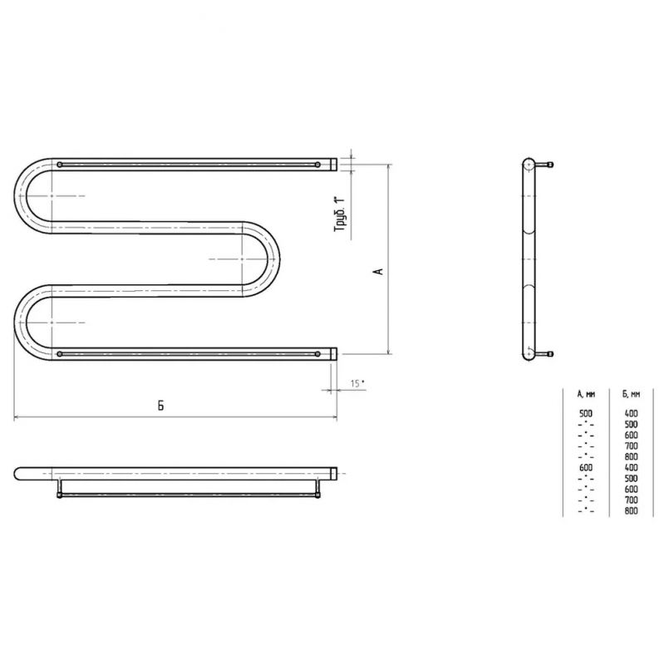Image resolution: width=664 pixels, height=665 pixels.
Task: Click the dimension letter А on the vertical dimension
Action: [380, 271]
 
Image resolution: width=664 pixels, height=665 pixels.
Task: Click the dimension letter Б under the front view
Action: [160, 406]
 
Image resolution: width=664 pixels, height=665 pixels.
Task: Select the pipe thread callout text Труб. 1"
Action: [340, 214]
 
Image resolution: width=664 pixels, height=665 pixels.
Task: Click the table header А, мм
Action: [586, 394]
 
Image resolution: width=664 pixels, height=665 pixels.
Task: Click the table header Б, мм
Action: [632, 394]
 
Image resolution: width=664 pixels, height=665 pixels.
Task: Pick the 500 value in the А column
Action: [586, 413]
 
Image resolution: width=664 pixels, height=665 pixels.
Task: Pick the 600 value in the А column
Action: [586, 468]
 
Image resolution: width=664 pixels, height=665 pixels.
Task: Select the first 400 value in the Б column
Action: [632, 413]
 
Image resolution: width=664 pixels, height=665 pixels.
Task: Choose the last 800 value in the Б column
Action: [632, 511]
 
